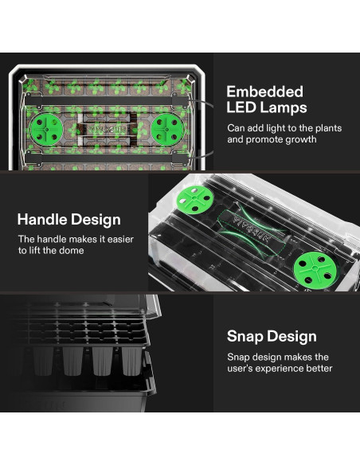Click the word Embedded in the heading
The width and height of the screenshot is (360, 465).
264,92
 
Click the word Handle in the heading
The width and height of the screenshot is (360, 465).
42,220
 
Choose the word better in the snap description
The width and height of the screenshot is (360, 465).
319,369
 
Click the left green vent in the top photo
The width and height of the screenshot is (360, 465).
46,130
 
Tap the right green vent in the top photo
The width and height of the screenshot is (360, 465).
167,130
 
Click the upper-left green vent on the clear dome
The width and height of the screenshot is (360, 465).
194,199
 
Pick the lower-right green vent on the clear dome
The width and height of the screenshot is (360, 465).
315,269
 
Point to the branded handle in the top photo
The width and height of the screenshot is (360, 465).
108,130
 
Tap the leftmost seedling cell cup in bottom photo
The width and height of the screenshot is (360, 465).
43,361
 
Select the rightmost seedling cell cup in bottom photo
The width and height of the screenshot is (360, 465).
132,361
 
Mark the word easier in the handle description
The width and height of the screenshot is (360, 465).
120,239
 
